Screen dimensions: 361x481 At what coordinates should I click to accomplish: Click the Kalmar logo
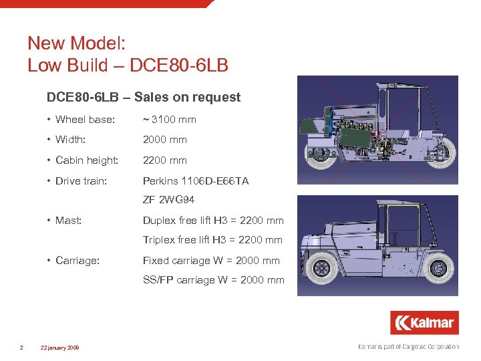click(x=425, y=323)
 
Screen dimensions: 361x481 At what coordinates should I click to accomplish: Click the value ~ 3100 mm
click(x=170, y=120)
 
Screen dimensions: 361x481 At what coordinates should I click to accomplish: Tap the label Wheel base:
click(x=85, y=120)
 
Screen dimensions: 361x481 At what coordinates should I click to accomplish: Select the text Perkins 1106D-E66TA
click(x=196, y=180)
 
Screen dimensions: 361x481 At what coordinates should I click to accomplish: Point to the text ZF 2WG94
click(x=168, y=200)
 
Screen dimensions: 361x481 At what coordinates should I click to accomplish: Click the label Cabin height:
click(x=88, y=160)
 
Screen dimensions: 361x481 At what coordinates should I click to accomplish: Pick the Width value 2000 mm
click(x=165, y=140)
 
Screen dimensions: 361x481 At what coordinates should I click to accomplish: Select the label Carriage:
click(x=77, y=261)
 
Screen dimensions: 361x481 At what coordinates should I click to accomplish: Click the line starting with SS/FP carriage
click(x=214, y=280)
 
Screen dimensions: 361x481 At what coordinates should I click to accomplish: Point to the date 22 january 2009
click(x=60, y=348)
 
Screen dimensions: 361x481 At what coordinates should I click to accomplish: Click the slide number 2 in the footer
click(x=22, y=348)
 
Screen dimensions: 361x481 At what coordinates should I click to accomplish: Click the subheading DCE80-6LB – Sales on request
click(x=144, y=97)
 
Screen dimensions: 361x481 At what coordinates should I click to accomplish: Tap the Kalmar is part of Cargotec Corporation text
click(x=409, y=347)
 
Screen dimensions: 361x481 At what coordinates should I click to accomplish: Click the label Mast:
click(x=68, y=220)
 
